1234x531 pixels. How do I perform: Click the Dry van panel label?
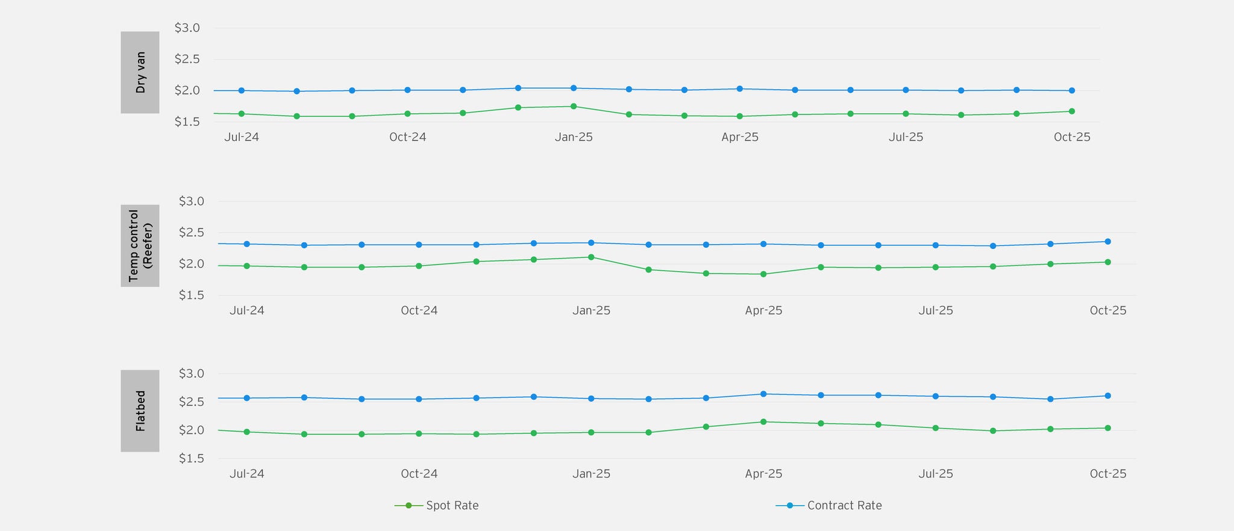(x=140, y=72)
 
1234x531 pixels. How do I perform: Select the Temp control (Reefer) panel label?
(x=140, y=245)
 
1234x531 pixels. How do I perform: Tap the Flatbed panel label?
(x=140, y=410)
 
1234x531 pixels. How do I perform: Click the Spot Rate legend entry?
(x=452, y=506)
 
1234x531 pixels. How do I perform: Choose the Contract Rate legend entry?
(x=844, y=506)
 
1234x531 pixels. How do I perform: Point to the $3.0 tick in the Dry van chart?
(x=187, y=28)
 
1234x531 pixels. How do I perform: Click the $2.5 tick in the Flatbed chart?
(x=192, y=402)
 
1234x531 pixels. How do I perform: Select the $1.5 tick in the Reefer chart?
(x=192, y=295)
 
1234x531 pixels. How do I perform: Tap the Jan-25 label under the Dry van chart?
(x=574, y=137)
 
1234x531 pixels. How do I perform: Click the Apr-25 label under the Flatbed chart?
(x=763, y=474)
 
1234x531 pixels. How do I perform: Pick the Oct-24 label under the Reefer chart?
(x=419, y=310)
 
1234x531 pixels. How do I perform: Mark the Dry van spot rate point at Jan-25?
(x=574, y=107)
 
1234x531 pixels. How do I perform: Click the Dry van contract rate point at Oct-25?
(x=1072, y=90)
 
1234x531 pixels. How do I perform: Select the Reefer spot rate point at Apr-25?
(x=763, y=274)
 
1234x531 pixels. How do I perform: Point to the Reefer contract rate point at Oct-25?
(x=1107, y=242)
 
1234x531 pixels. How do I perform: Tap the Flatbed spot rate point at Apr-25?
(x=763, y=422)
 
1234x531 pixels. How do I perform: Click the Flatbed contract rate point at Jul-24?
(x=247, y=398)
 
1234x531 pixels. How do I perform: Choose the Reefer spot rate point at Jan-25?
(x=591, y=257)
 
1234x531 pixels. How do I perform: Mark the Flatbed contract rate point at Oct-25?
(x=1107, y=396)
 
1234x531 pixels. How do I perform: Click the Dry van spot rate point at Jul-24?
(x=242, y=114)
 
